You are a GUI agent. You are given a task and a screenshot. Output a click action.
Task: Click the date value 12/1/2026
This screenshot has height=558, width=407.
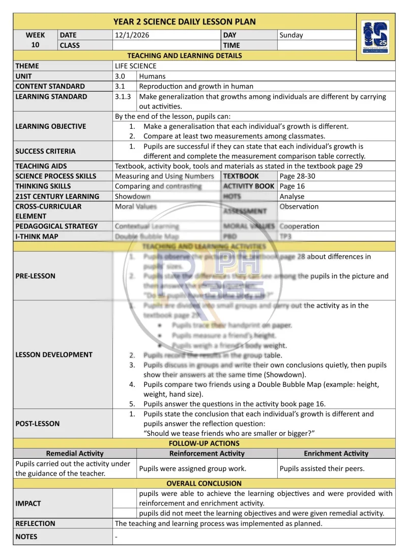(x=132, y=35)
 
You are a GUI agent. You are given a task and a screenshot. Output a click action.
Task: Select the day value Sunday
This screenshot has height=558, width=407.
(x=291, y=35)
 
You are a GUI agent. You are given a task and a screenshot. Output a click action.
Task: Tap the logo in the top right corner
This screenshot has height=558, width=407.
(x=375, y=38)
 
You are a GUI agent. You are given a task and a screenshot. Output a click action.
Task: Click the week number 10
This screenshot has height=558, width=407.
(x=35, y=45)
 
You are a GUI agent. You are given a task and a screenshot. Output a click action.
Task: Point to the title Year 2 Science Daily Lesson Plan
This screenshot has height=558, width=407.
(x=184, y=21)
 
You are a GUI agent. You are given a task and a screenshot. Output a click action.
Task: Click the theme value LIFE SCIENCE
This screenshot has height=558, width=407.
(x=135, y=66)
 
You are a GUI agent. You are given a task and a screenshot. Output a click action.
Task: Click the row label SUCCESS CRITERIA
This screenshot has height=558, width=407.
(x=45, y=151)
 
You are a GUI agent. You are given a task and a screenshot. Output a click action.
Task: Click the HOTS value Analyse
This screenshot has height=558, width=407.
(x=292, y=197)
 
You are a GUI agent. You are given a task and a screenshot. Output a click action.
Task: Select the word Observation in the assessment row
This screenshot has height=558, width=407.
(x=299, y=207)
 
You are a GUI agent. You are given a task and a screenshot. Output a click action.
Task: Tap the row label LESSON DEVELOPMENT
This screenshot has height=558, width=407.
(x=54, y=355)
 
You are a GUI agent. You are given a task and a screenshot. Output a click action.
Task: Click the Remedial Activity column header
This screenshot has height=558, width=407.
(x=74, y=453)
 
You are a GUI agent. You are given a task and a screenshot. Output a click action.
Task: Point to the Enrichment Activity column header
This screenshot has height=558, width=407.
(x=336, y=453)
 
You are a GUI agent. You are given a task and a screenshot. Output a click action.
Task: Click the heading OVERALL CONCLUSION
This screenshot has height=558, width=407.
(x=204, y=483)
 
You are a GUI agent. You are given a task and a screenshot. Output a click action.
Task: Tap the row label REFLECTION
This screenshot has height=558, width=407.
(x=35, y=523)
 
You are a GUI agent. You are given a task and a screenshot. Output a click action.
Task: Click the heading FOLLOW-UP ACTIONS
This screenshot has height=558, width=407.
(x=204, y=443)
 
